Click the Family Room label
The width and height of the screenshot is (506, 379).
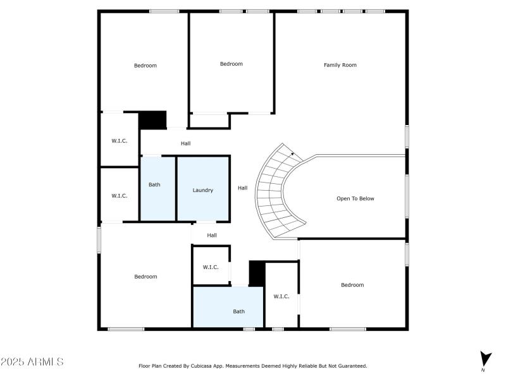point(340,65)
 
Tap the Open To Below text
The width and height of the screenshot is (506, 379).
point(355,198)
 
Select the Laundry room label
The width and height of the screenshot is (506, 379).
point(202,190)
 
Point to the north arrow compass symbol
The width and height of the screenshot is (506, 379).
point(484,359)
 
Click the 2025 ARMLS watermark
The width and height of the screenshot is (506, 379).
point(32,362)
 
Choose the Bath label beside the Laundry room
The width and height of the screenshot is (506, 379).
point(154,185)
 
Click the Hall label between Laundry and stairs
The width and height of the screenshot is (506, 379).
point(242,188)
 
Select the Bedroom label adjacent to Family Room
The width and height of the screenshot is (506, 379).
point(231,64)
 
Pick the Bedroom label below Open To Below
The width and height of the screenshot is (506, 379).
point(352,285)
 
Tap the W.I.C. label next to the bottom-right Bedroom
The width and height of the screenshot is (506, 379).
point(281,296)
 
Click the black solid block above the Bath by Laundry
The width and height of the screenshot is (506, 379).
point(152,119)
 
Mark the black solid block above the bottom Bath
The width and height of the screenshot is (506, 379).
point(257,273)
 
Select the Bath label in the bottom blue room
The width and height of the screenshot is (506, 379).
point(238,311)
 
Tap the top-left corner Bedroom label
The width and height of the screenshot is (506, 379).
point(145,66)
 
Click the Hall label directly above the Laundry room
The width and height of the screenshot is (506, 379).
point(185,143)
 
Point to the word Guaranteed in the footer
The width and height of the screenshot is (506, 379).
point(351,366)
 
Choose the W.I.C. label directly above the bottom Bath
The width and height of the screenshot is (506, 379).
point(211,267)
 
